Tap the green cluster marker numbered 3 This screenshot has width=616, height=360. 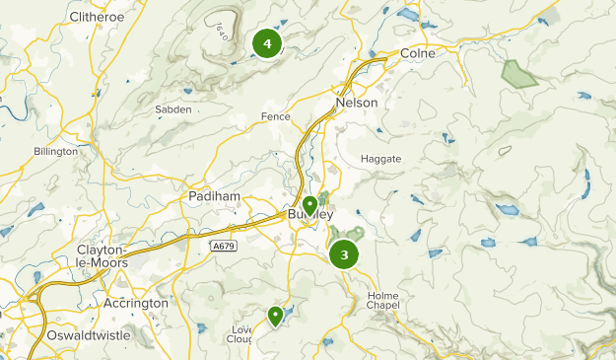tap(344, 255)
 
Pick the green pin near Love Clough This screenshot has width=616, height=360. tap(275, 316)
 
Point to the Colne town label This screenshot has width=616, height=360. tap(418, 54)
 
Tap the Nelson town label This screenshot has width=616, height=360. tap(357, 103)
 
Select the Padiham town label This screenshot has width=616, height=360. tap(214, 196)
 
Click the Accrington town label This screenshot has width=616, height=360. tap(136, 304)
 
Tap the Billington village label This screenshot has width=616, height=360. tap(55, 152)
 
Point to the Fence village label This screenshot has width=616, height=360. tap(275, 116)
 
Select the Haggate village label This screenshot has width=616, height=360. tap(381, 159)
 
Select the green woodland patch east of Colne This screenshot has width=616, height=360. tap(515, 73)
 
